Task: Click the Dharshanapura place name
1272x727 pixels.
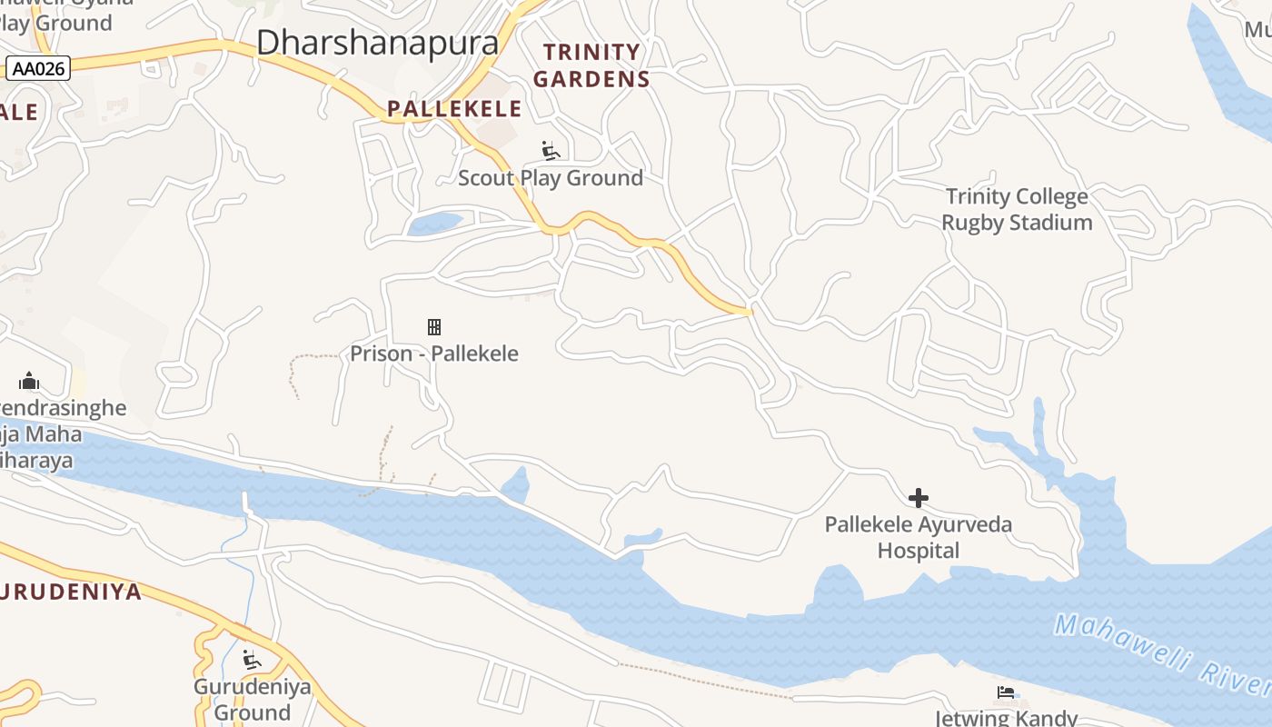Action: click(x=377, y=43)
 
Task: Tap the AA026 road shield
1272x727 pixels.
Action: click(x=38, y=68)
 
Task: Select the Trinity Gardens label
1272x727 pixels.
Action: click(x=591, y=65)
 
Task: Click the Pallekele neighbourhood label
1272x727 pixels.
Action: click(x=454, y=109)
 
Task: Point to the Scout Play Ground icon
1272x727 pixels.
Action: click(x=550, y=150)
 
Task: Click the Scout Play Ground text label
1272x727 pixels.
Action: click(x=550, y=178)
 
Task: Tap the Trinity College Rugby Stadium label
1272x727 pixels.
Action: click(x=1017, y=209)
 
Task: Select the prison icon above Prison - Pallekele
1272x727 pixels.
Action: click(x=434, y=327)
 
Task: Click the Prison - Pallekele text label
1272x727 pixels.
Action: click(x=434, y=354)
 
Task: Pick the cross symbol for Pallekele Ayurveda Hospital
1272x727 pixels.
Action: click(x=919, y=498)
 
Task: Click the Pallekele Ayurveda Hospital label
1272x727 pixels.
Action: click(x=918, y=537)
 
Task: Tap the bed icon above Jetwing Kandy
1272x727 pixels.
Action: click(x=1005, y=693)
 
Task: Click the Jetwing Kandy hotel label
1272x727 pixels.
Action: click(x=1009, y=717)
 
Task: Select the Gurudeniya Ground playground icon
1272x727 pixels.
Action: click(x=252, y=659)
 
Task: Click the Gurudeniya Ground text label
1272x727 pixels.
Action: click(x=252, y=699)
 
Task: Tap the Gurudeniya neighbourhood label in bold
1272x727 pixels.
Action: click(x=71, y=593)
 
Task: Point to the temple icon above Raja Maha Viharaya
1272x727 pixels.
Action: click(x=29, y=381)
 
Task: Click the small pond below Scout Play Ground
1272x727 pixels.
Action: click(x=434, y=224)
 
